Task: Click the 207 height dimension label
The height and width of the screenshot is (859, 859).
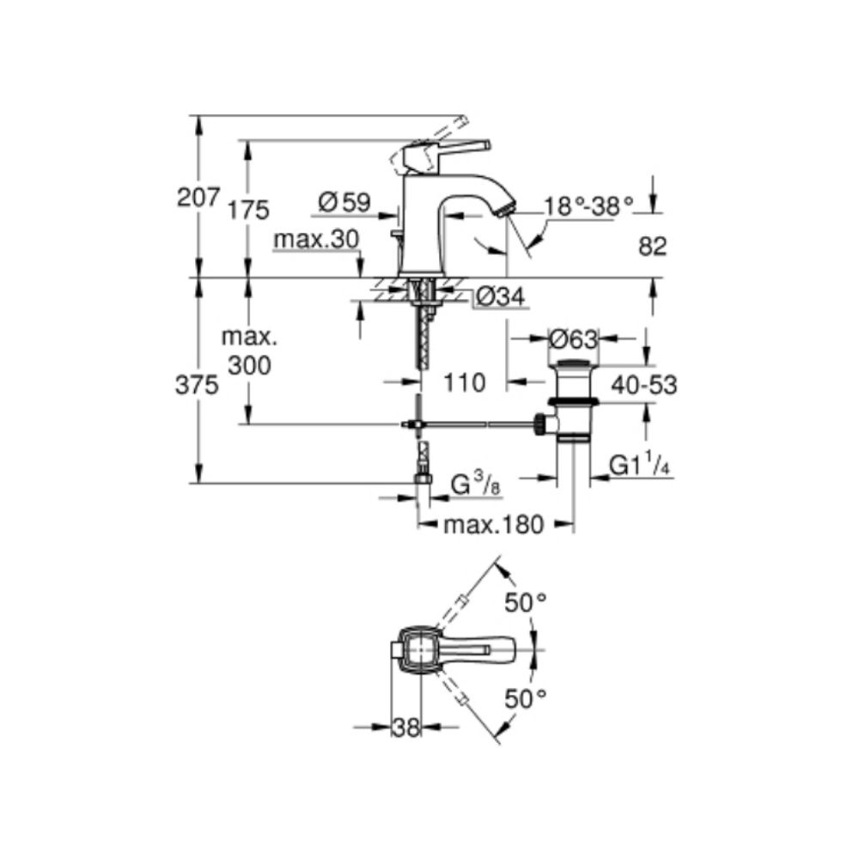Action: click(x=198, y=198)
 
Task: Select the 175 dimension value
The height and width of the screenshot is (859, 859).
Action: click(x=249, y=210)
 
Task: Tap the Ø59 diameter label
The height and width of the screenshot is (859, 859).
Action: click(x=344, y=202)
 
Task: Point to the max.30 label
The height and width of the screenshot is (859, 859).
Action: click(x=317, y=240)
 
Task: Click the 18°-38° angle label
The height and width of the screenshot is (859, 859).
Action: click(x=588, y=206)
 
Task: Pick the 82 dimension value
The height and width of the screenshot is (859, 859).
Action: click(x=653, y=247)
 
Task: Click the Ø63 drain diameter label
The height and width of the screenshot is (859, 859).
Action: click(x=573, y=340)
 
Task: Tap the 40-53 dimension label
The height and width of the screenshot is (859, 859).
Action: click(x=644, y=385)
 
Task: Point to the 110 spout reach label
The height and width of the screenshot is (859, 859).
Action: click(x=465, y=383)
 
